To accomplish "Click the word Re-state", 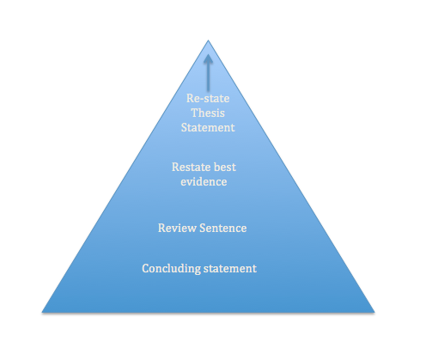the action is click(208, 98).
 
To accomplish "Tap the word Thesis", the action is click(208, 113).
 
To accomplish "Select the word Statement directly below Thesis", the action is click(208, 127).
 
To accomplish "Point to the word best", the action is click(224, 167).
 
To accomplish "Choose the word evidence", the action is click(204, 181).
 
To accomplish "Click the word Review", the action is click(177, 228).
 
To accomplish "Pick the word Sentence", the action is click(223, 228).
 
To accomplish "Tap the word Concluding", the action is click(171, 269).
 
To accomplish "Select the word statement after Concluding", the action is click(230, 269).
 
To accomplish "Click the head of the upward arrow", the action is click(208, 58).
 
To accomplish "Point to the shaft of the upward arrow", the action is click(208, 76).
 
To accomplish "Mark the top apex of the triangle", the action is click(208, 40).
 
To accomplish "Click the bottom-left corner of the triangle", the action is click(42, 312).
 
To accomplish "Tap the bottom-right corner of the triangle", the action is click(374, 312).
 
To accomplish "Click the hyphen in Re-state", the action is click(200, 100).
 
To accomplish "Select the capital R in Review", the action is click(161, 228).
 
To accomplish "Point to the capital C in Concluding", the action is click(145, 269).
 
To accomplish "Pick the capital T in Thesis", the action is click(195, 113).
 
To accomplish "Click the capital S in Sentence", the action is click(203, 228).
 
